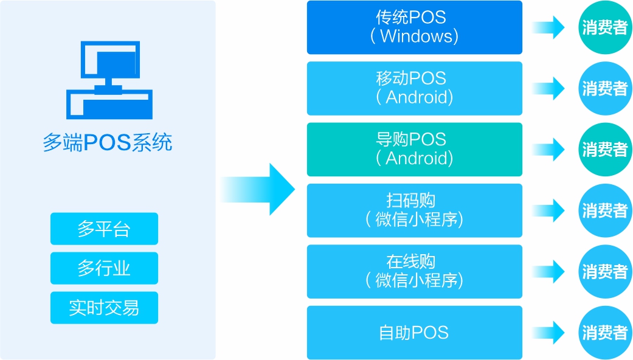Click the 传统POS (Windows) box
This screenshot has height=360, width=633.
coord(414,27)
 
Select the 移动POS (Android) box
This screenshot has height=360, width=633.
coord(414,88)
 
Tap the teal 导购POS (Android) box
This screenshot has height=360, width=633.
coord(414,149)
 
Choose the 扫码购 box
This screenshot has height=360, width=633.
coord(414,210)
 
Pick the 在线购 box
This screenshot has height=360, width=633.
coord(414,271)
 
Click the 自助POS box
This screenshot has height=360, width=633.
coord(414,333)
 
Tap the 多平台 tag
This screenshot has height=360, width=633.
coord(104,229)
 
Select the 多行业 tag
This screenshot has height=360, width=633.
coord(104,268)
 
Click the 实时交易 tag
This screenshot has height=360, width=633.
coord(104,308)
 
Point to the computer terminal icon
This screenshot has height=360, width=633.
coord(109,80)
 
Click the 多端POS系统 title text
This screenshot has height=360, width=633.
coord(108,142)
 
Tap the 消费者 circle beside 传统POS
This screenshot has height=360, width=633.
coord(604,27)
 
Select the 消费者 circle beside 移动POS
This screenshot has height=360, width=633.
coord(604,88)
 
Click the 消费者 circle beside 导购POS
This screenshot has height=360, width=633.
coord(604,149)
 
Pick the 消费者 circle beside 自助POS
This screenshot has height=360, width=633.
coord(604,333)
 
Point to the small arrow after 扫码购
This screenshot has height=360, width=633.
coord(550,210)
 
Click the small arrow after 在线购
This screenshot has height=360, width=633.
coord(550,271)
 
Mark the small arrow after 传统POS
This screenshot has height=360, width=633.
coord(550,27)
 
